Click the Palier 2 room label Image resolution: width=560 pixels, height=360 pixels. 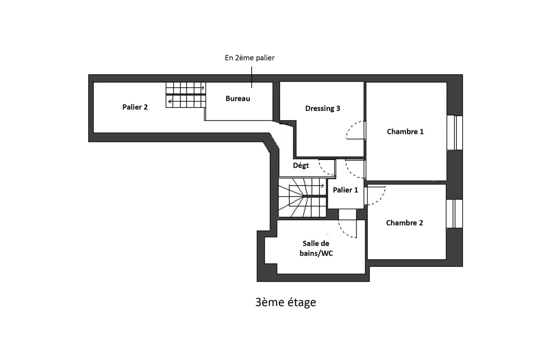click(135, 107)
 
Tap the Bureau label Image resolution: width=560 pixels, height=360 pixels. click(238, 98)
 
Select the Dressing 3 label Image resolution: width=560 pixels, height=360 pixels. click(322, 108)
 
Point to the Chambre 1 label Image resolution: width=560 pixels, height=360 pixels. click(405, 132)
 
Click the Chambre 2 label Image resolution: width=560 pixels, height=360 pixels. click(405, 223)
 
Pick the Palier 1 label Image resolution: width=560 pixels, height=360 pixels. click(345, 190)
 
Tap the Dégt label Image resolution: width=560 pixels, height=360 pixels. click(301, 165)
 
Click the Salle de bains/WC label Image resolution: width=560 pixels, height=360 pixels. click(316, 248)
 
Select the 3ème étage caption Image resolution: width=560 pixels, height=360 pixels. click(286, 302)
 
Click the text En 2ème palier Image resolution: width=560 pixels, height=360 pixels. click(250, 58)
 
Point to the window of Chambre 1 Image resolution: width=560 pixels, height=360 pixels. click(455, 133)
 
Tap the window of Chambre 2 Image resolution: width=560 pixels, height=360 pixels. click(454, 214)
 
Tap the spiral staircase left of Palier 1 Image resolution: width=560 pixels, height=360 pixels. click(302, 198)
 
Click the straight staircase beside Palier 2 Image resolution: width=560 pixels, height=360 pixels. click(185, 95)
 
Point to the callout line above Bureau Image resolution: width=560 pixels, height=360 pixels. click(252, 77)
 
